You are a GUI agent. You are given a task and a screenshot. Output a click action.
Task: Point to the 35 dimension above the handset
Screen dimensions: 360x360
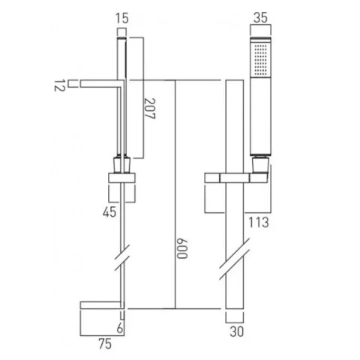point(260,17)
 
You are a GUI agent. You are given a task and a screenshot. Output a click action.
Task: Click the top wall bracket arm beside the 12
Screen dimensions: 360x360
point(101,83)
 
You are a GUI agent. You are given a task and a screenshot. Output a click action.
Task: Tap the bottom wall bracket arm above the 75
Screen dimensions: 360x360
point(100,306)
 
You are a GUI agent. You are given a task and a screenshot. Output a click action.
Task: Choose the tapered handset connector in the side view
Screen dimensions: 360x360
point(121,165)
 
